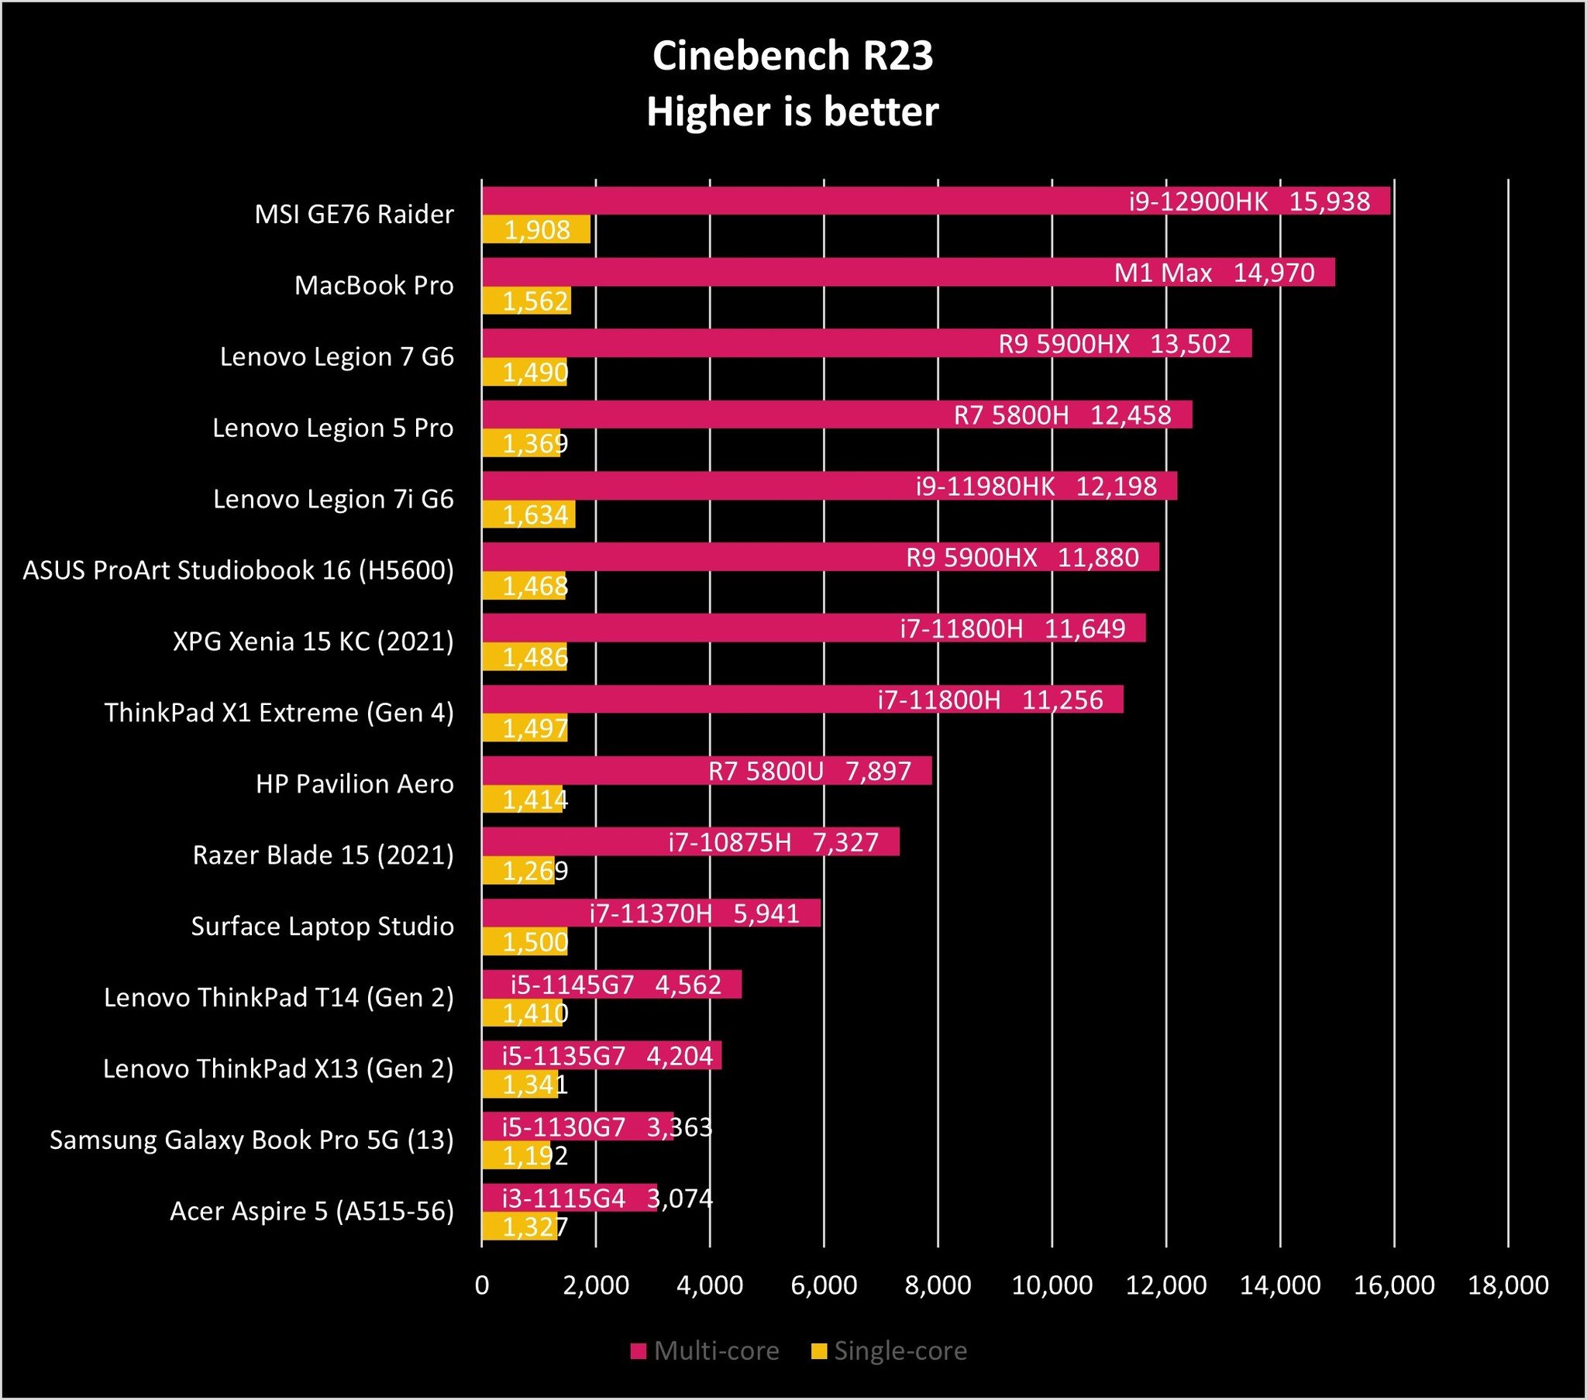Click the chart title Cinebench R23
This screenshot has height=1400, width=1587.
[792, 56]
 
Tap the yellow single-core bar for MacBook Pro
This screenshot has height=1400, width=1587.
[526, 301]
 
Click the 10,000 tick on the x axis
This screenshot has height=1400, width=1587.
[1052, 1285]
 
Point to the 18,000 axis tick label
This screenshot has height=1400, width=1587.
[1508, 1285]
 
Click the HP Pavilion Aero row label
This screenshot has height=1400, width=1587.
[355, 784]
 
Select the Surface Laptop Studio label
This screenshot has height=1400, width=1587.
[322, 927]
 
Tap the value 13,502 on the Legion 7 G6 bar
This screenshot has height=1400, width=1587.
[1189, 344]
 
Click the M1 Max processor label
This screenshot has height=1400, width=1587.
[1162, 273]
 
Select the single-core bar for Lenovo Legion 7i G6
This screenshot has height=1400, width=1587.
[528, 514]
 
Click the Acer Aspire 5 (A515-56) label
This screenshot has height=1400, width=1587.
[312, 1211]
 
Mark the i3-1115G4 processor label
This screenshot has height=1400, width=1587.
[563, 1199]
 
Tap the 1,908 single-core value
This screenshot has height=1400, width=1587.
[537, 231]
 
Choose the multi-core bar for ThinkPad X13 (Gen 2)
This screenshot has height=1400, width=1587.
[602, 1056]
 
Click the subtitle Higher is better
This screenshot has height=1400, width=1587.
[792, 112]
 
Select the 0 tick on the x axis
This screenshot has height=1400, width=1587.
[481, 1285]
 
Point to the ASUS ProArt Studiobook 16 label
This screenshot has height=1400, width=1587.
[239, 571]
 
